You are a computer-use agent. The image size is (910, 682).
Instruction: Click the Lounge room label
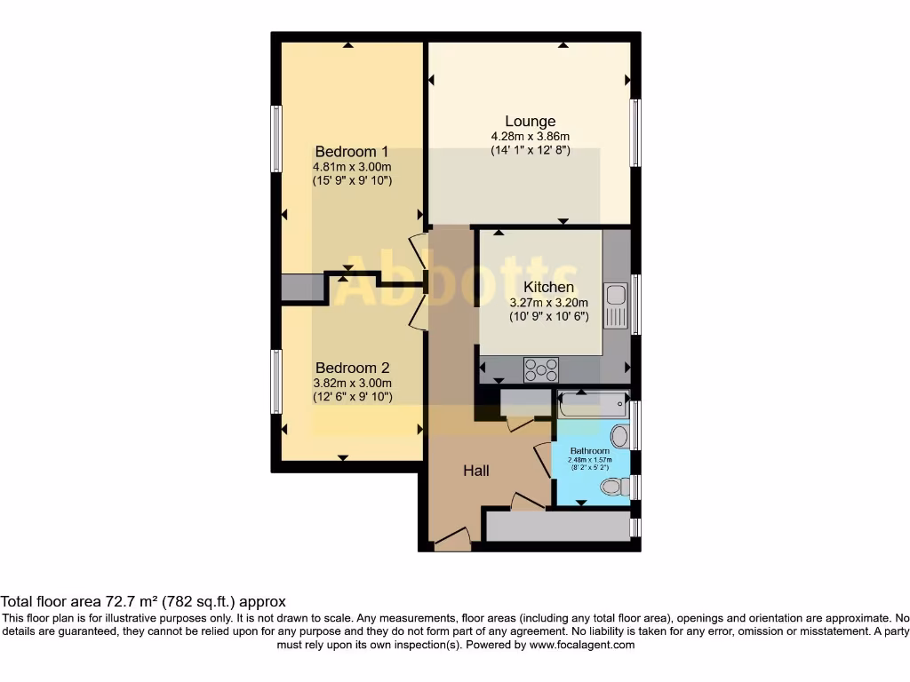click(530, 122)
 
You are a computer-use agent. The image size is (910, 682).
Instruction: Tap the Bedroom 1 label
click(352, 152)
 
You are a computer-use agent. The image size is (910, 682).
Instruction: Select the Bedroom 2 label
click(352, 368)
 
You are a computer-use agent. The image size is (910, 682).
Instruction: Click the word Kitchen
click(548, 288)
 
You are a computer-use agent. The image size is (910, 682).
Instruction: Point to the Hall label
click(476, 471)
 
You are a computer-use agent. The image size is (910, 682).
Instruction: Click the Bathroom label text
click(590, 450)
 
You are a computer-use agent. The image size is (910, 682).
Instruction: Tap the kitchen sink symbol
click(615, 305)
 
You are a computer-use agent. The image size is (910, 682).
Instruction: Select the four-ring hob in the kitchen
click(541, 369)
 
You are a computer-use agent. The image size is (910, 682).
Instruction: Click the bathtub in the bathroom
click(592, 406)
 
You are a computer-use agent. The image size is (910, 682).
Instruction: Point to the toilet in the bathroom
click(612, 486)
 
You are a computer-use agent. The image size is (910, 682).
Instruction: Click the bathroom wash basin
click(619, 435)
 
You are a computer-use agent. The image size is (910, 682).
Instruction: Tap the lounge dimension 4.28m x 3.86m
click(530, 137)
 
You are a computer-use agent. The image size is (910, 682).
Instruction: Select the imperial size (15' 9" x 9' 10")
click(352, 180)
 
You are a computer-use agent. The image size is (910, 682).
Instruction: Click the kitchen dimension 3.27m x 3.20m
click(548, 302)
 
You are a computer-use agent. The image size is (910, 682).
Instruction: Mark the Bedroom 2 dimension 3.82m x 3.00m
click(352, 383)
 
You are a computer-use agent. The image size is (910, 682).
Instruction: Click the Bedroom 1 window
click(276, 139)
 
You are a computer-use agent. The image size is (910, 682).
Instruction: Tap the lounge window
click(635, 133)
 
